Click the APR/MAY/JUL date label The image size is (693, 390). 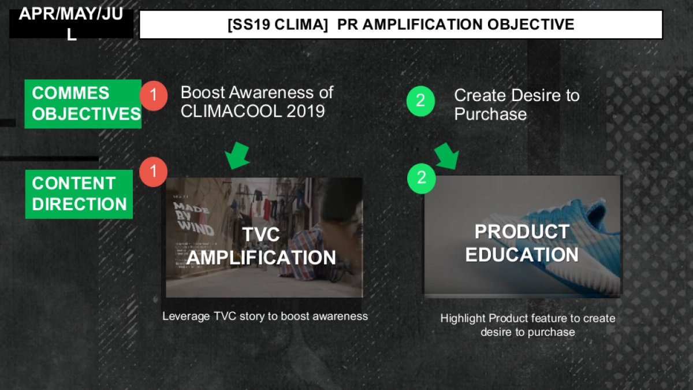click(x=71, y=23)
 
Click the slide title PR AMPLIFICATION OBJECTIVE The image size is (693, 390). click(x=401, y=24)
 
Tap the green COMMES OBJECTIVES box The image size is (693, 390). click(x=83, y=103)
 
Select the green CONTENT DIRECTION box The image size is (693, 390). click(x=79, y=194)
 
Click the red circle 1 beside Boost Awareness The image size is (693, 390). click(x=154, y=96)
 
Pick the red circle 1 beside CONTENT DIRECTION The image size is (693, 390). click(x=154, y=172)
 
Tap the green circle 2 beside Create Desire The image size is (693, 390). click(x=420, y=101)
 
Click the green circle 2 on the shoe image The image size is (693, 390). click(x=422, y=177)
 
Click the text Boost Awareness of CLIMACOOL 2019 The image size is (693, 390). click(x=257, y=101)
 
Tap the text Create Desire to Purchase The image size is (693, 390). click(x=516, y=105)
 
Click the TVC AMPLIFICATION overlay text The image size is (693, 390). click(x=261, y=246)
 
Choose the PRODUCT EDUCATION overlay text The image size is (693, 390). click(x=521, y=243)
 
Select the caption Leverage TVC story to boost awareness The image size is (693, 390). click(x=265, y=316)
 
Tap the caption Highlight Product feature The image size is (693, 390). click(x=528, y=325)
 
